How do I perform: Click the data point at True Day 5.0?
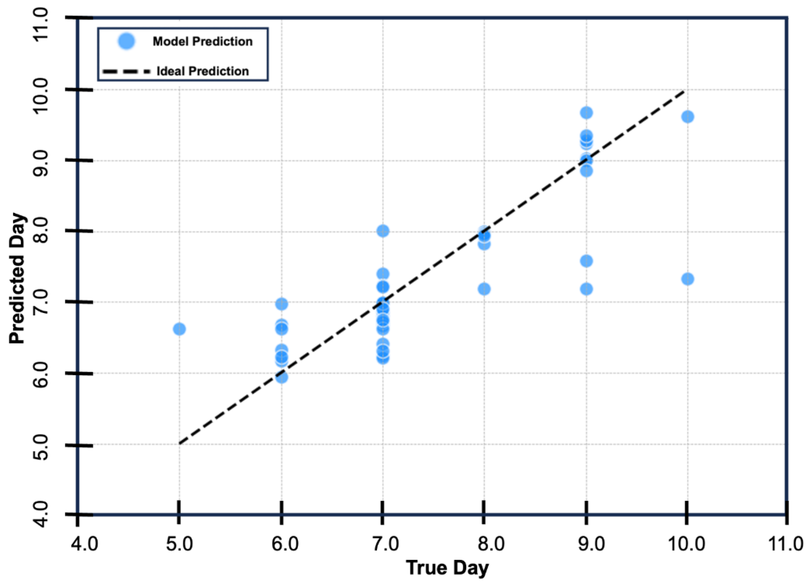click(x=179, y=329)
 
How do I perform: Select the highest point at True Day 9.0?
click(x=586, y=113)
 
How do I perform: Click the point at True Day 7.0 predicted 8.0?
click(x=383, y=231)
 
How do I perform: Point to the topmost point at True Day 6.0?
click(x=281, y=304)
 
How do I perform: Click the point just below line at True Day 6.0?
click(x=281, y=377)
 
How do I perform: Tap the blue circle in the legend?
click(x=126, y=41)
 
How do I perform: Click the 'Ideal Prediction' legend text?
click(x=203, y=71)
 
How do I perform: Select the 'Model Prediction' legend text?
click(x=203, y=41)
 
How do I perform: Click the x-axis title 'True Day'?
click(x=447, y=567)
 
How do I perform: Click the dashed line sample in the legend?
click(x=126, y=71)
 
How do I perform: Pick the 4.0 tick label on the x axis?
click(x=84, y=544)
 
